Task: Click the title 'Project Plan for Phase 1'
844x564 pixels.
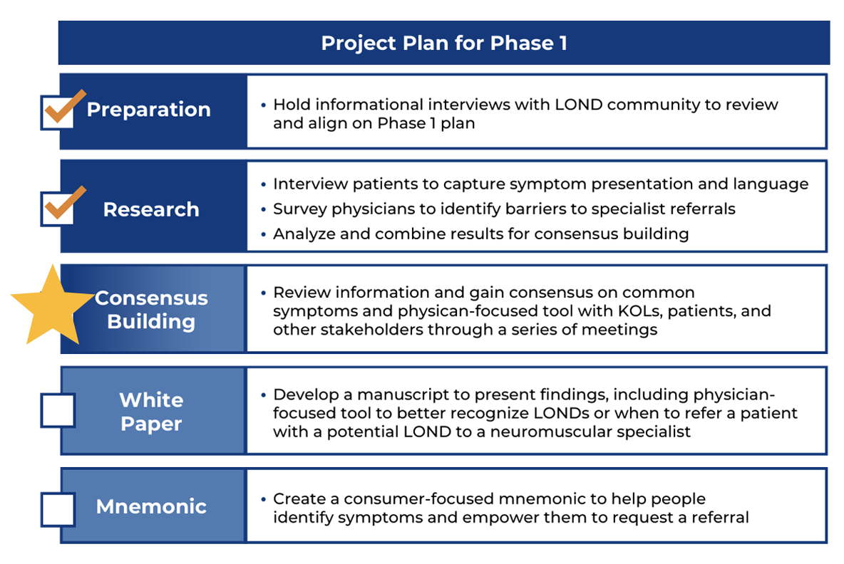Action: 444,43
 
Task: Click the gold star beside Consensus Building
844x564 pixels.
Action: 52,306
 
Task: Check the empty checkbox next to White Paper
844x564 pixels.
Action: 58,411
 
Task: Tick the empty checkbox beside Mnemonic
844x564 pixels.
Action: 58,509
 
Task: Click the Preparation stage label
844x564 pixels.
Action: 148,110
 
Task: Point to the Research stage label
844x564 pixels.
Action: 151,209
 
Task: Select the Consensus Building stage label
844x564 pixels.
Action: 151,310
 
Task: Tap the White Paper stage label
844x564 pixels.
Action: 151,412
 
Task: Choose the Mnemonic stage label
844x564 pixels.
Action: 151,506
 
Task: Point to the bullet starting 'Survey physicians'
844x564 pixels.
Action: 504,209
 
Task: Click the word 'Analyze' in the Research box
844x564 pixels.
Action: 304,234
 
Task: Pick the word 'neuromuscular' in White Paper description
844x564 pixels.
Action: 547,432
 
